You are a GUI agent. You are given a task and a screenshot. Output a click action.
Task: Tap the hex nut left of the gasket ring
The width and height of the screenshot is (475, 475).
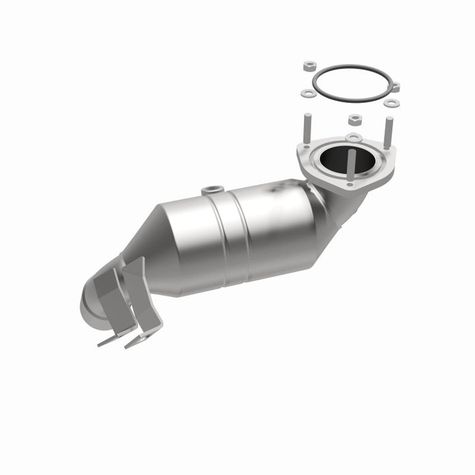coord(309,67)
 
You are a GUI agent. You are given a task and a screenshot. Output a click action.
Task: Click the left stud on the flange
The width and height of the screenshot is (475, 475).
coord(308,129)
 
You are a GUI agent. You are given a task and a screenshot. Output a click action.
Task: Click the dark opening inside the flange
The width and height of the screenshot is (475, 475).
coord(339,157)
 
